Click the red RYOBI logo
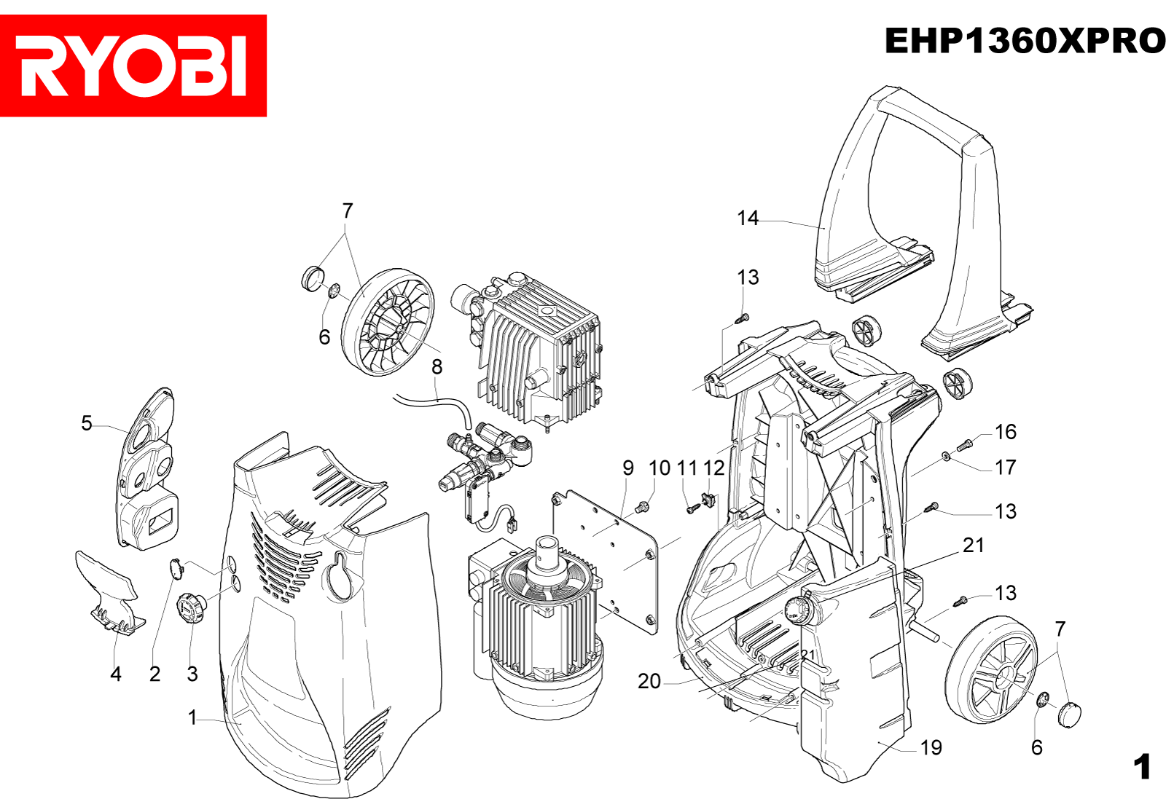133,66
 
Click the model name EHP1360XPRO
1025,41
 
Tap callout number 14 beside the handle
748,218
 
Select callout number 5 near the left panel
87,423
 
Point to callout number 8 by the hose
437,367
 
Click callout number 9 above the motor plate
628,468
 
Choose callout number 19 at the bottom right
931,747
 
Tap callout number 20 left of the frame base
649,681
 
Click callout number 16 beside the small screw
1006,432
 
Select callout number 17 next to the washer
1006,467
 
